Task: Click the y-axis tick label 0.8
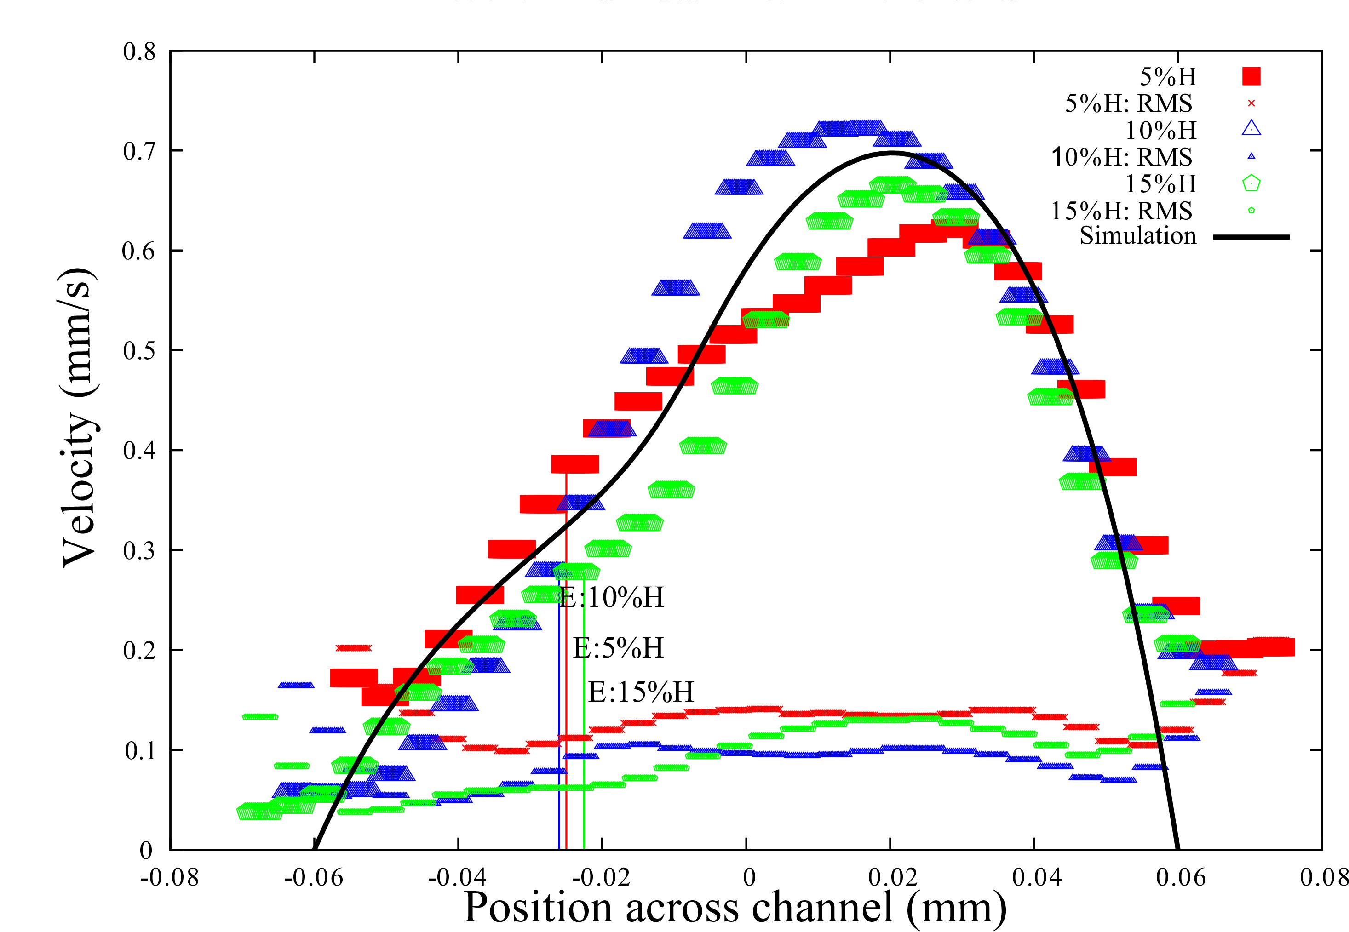pyautogui.click(x=139, y=52)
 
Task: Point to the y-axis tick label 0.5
pyautogui.click(x=139, y=351)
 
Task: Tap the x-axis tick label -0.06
pyautogui.click(x=314, y=878)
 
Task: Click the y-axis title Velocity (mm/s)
pyautogui.click(x=79, y=417)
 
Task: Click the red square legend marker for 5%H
pyautogui.click(x=1251, y=76)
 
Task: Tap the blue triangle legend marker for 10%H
pyautogui.click(x=1251, y=128)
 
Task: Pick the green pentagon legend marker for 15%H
pyautogui.click(x=1251, y=183)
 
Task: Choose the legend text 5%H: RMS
pyautogui.click(x=1128, y=103)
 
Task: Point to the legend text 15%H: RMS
pyautogui.click(x=1121, y=211)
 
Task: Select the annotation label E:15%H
pyautogui.click(x=641, y=692)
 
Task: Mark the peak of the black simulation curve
pyautogui.click(x=890, y=153)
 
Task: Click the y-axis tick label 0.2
pyautogui.click(x=139, y=651)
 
